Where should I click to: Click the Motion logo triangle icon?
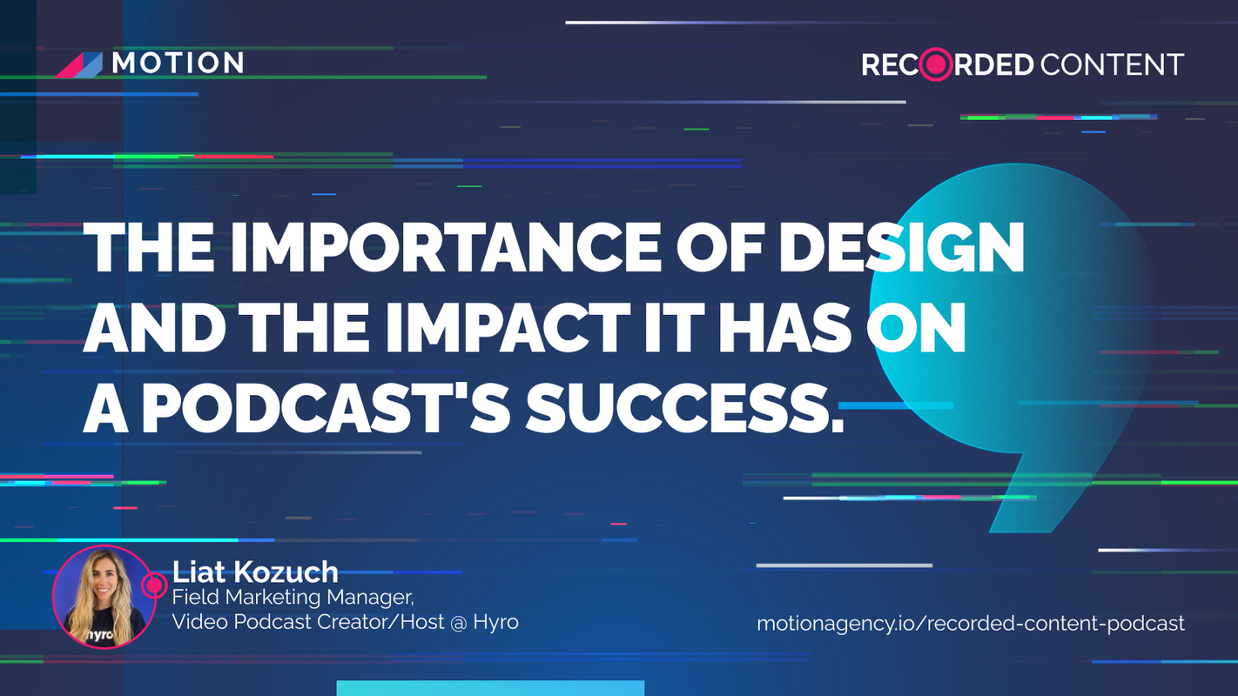79,64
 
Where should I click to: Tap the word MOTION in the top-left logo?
178,63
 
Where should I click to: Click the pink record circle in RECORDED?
937,64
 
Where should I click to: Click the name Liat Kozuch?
255,572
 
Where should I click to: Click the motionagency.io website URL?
970,623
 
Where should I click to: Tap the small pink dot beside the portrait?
155,584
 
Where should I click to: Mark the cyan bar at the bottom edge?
490,687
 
